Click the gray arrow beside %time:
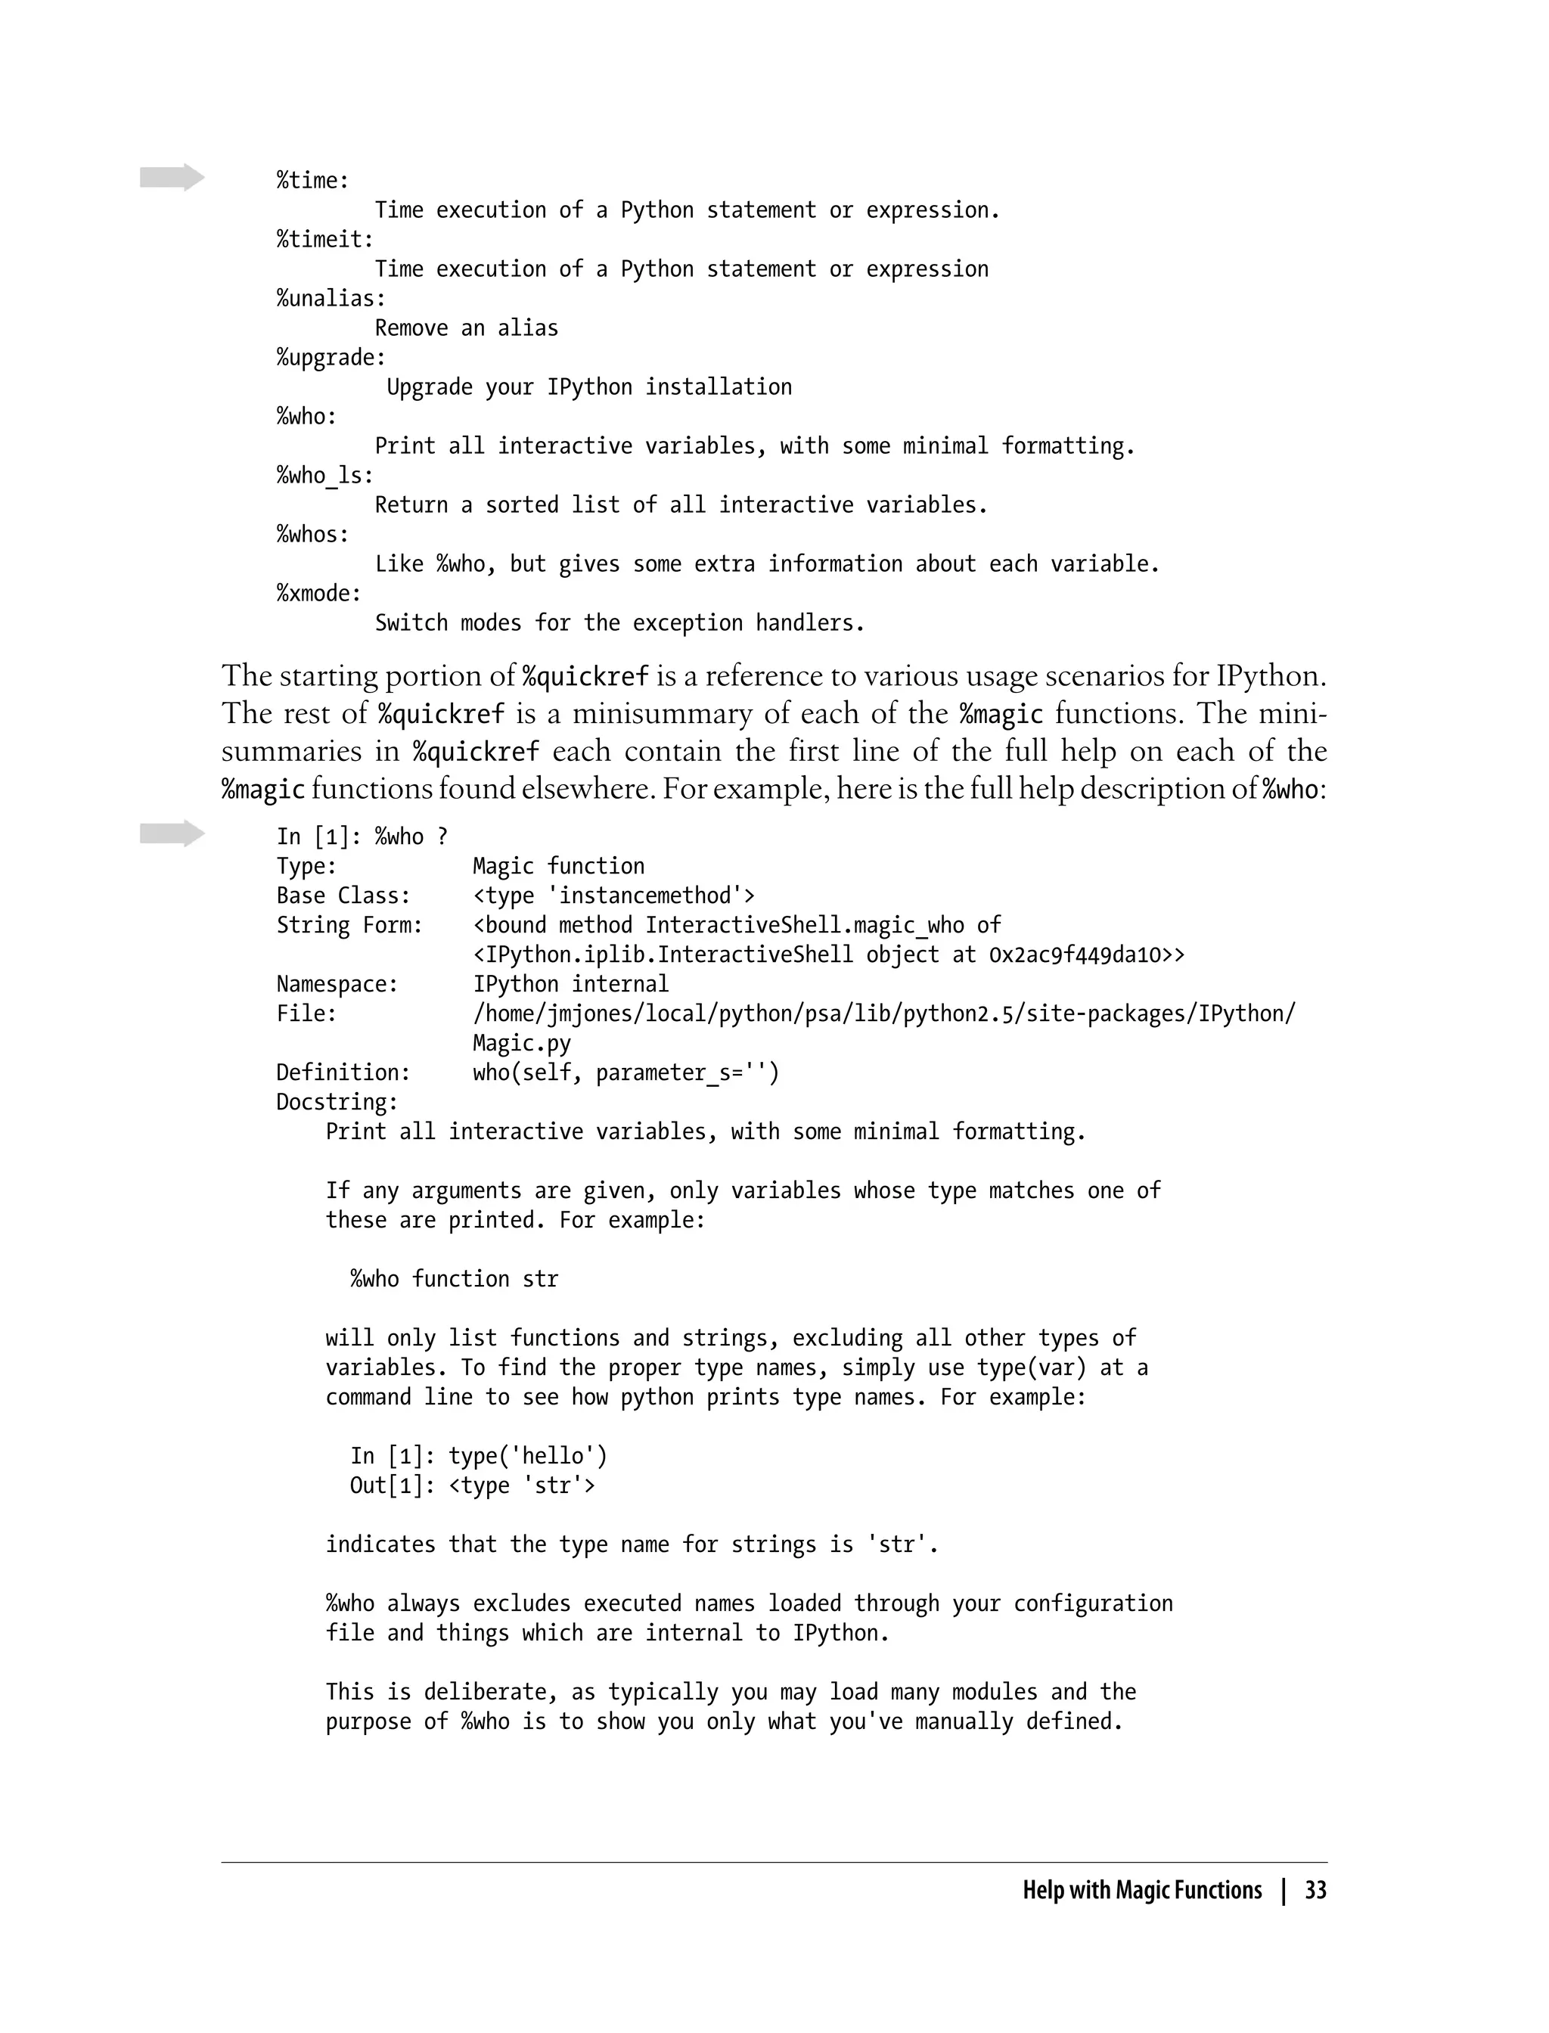coord(172,177)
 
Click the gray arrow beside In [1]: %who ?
coord(172,833)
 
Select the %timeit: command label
coord(324,240)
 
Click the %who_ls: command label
coord(324,476)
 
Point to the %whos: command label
coord(312,535)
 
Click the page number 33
coord(1315,1890)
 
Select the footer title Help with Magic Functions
coord(1141,1890)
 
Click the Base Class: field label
coord(343,896)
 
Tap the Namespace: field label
coord(337,985)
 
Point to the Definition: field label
coord(343,1073)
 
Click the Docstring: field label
coord(337,1103)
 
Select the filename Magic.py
coord(522,1044)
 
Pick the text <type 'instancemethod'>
coord(614,896)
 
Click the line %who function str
coord(454,1280)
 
